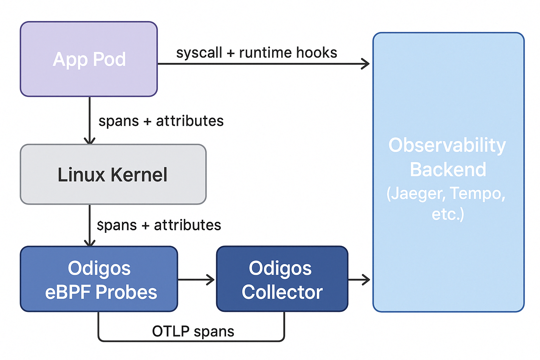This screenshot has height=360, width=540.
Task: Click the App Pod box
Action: tap(89, 59)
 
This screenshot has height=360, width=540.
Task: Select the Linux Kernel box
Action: tap(113, 174)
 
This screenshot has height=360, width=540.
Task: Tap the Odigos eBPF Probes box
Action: tap(99, 279)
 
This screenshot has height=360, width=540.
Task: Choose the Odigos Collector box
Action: tap(282, 279)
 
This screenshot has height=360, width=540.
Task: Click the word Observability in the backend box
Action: tap(447, 146)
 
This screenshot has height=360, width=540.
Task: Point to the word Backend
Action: tap(448, 169)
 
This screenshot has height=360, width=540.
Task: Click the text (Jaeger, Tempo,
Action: tap(446, 194)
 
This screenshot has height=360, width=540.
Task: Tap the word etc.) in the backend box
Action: tap(448, 214)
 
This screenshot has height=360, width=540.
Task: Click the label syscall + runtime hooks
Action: tap(257, 53)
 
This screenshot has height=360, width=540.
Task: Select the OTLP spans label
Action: tap(193, 331)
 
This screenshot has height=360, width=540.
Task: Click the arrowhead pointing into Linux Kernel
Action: tap(89, 141)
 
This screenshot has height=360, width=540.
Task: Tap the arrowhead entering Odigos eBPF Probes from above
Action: tap(89, 243)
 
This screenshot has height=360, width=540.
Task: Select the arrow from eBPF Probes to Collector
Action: tap(196, 280)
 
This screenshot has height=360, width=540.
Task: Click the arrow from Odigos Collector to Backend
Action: tap(359, 280)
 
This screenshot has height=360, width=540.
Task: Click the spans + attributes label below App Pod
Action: tap(161, 121)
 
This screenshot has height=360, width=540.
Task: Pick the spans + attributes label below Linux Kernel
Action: tap(159, 225)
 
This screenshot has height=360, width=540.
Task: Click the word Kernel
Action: tap(139, 175)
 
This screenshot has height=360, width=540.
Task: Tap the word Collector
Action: tap(282, 292)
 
